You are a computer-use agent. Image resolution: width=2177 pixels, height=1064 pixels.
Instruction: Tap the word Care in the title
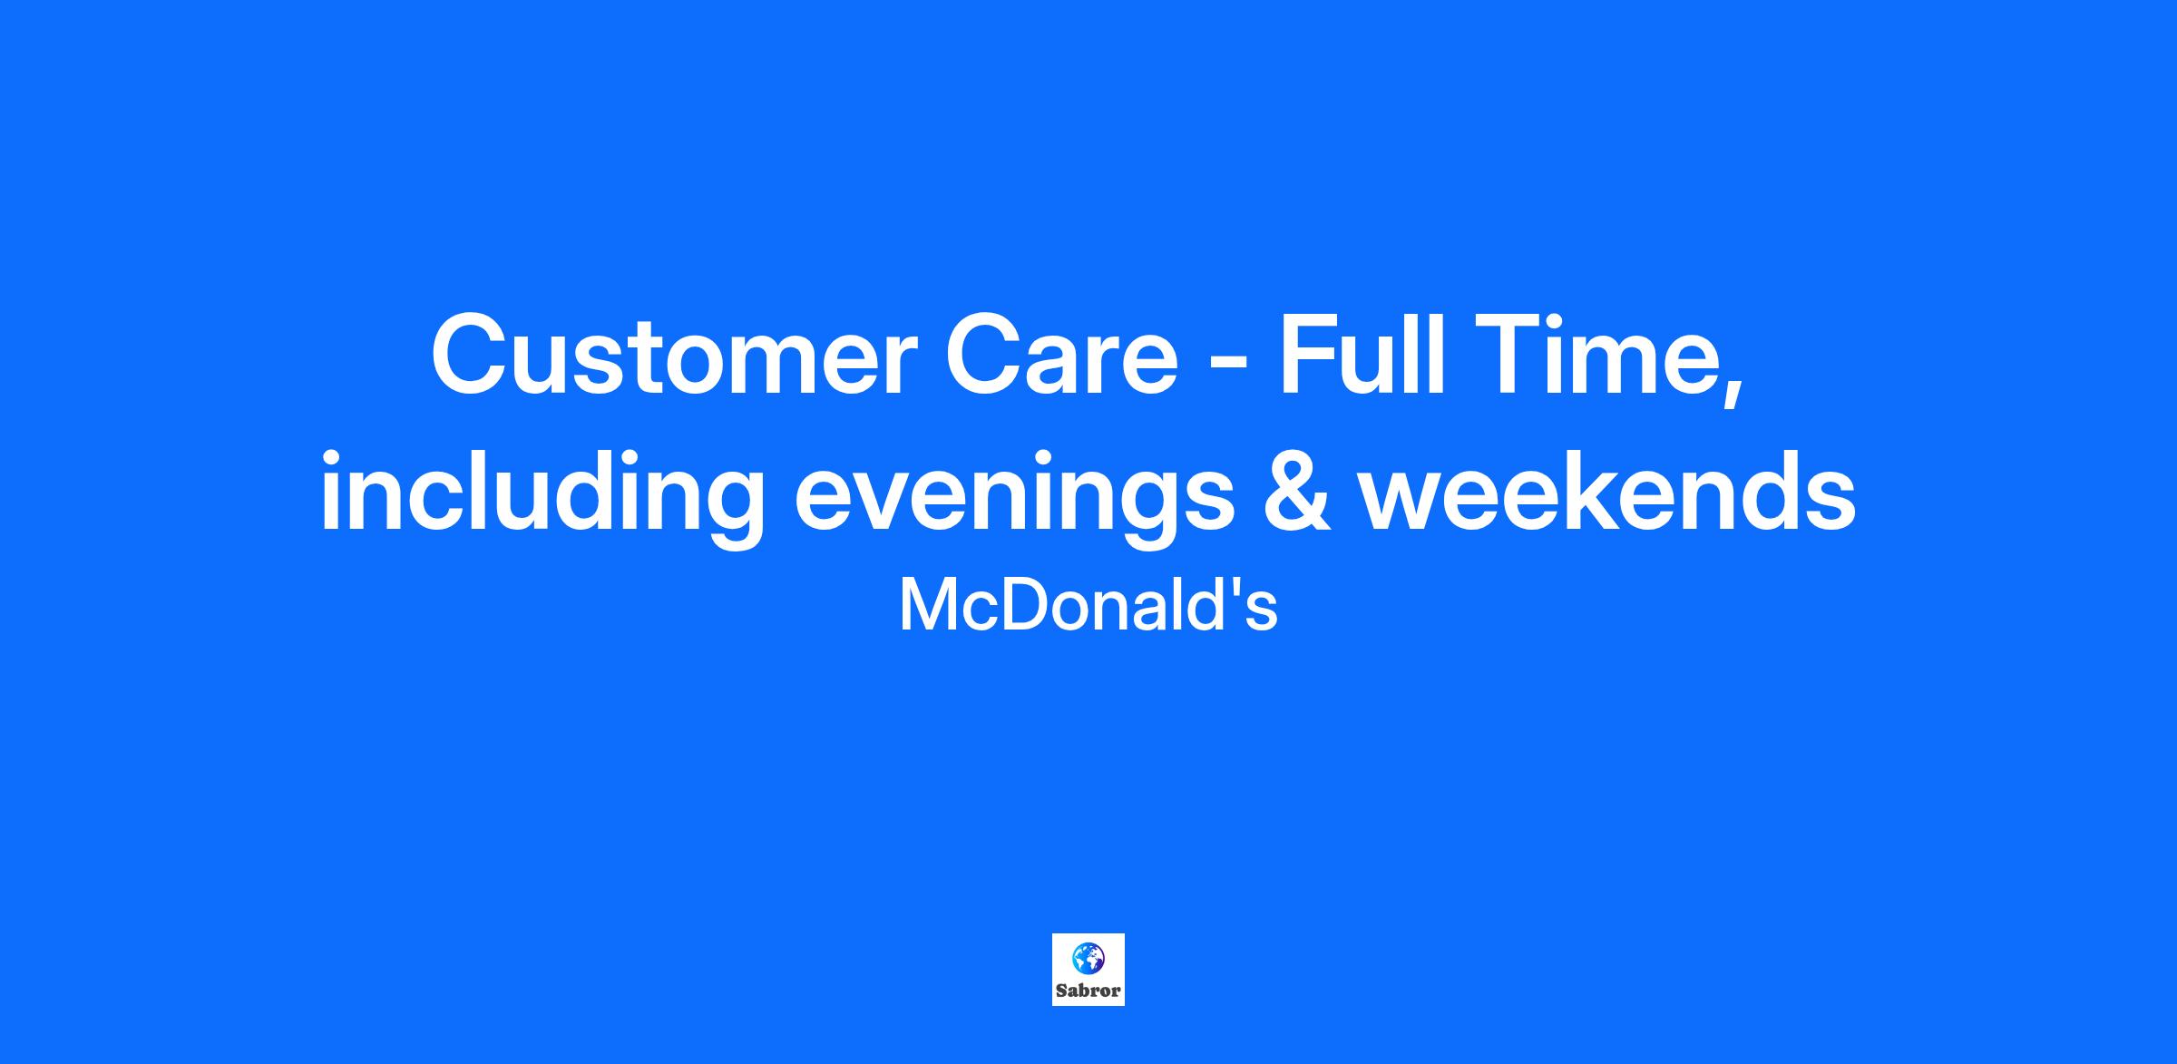tap(1061, 355)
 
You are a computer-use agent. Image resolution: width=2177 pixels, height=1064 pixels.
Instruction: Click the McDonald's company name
tap(1088, 605)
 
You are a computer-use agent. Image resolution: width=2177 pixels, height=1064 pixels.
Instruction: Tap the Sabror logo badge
tap(1088, 970)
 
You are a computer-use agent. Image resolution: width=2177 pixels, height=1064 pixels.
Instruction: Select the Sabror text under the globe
tap(1088, 991)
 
